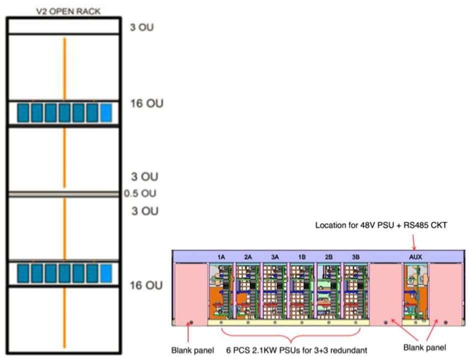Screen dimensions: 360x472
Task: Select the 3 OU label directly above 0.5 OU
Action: click(145, 177)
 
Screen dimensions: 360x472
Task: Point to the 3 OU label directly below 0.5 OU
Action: click(145, 211)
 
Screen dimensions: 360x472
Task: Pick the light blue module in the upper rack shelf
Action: click(106, 113)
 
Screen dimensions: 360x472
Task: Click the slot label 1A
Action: click(221, 256)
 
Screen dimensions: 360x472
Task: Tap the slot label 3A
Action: click(275, 256)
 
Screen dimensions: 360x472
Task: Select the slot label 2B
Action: click(329, 256)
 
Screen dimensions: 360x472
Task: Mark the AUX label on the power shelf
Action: click(415, 256)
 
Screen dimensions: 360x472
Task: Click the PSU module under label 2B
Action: click(329, 290)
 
